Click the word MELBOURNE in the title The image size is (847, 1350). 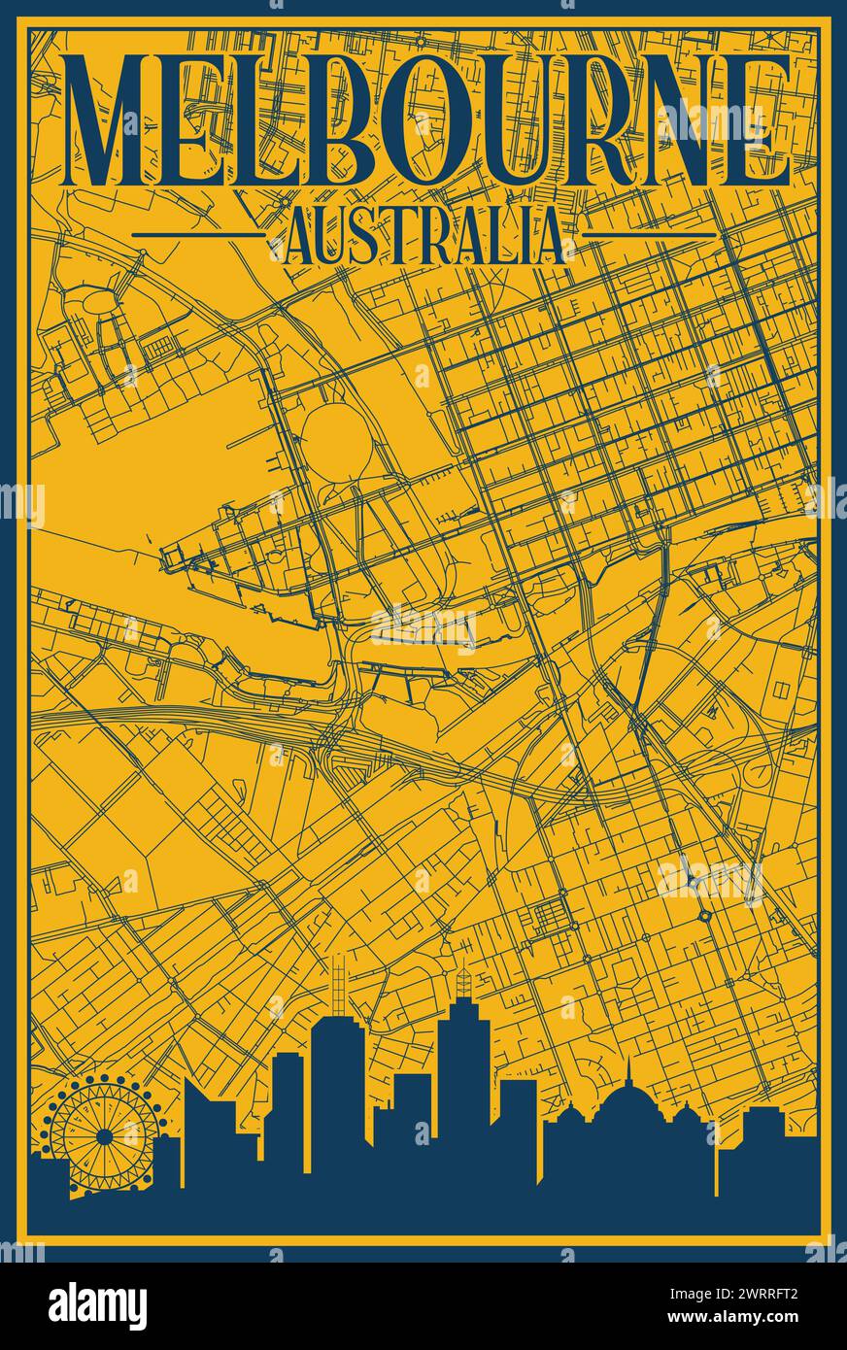tap(424, 121)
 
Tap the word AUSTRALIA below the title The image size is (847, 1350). tap(423, 236)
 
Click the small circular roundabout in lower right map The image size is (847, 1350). tap(703, 916)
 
